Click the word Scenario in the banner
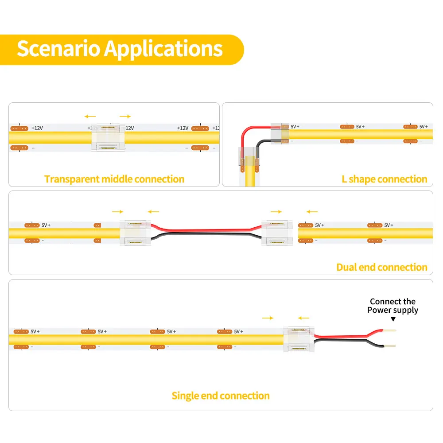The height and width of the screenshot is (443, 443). [x=58, y=49]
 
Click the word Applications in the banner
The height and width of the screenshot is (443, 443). [x=163, y=50]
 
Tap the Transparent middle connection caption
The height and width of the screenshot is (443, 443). [x=114, y=179]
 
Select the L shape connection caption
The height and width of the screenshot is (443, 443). [x=384, y=179]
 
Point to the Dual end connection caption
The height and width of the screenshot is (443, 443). [x=382, y=267]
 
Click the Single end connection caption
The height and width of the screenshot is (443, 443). [x=221, y=396]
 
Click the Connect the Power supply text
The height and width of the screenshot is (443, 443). [x=392, y=306]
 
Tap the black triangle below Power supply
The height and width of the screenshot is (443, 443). [x=393, y=319]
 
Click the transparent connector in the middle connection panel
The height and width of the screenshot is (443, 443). [x=108, y=137]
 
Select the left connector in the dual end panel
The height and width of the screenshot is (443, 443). [x=135, y=233]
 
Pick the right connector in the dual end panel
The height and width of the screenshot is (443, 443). [x=277, y=233]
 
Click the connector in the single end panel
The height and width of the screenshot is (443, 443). [x=299, y=339]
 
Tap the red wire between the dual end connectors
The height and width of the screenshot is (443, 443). [x=206, y=230]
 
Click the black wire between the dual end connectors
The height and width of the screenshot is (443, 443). [x=206, y=234]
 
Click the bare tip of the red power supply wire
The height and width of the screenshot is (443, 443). [x=389, y=330]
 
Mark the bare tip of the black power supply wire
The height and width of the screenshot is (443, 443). [x=389, y=346]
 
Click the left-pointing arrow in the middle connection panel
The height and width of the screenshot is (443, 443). [x=90, y=117]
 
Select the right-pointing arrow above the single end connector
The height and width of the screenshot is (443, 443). [x=268, y=318]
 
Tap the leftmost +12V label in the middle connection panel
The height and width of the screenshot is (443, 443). [x=37, y=128]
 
